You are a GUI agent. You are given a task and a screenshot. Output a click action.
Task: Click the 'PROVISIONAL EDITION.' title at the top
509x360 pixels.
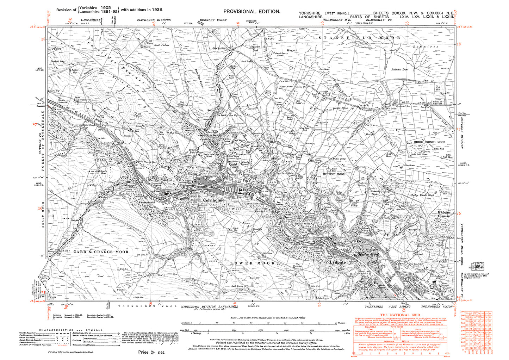[x=252, y=11]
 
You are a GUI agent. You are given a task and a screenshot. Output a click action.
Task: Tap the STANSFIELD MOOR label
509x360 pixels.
[x=359, y=37]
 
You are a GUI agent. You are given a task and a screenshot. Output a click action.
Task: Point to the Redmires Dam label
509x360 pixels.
[x=399, y=70]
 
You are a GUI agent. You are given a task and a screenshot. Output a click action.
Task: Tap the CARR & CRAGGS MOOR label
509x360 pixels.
[x=101, y=252]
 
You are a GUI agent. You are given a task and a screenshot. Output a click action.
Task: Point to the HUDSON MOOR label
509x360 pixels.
[x=334, y=174]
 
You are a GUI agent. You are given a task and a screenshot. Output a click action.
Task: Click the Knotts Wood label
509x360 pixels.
[x=302, y=224]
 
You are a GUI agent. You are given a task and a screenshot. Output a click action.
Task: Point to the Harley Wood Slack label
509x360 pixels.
[x=422, y=195]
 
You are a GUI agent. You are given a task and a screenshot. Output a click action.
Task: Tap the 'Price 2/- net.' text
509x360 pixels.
[x=151, y=352]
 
